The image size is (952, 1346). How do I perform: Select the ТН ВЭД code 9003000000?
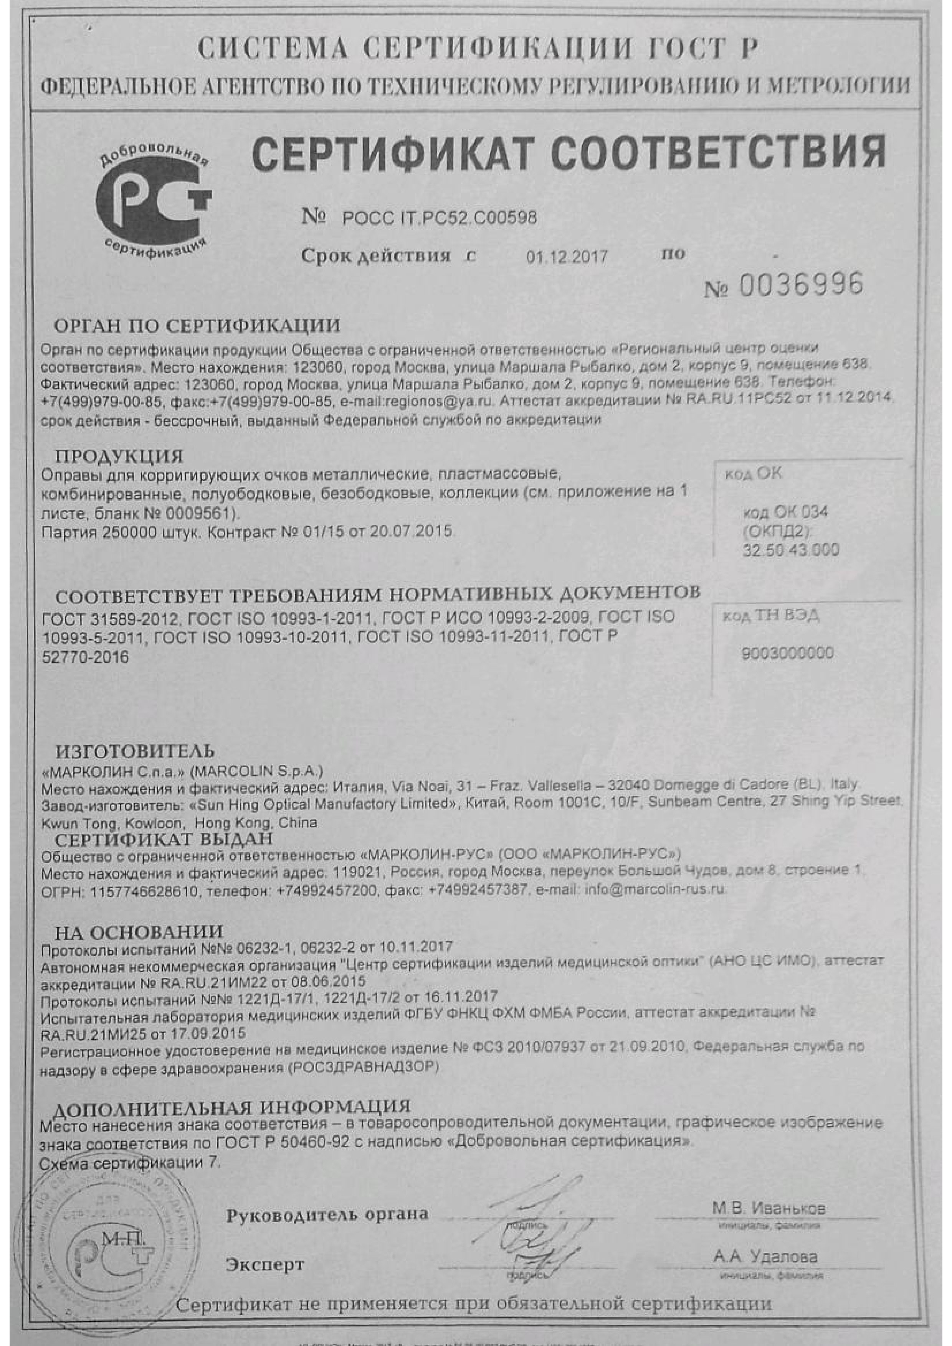click(787, 653)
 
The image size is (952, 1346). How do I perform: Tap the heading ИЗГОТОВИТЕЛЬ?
click(135, 751)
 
